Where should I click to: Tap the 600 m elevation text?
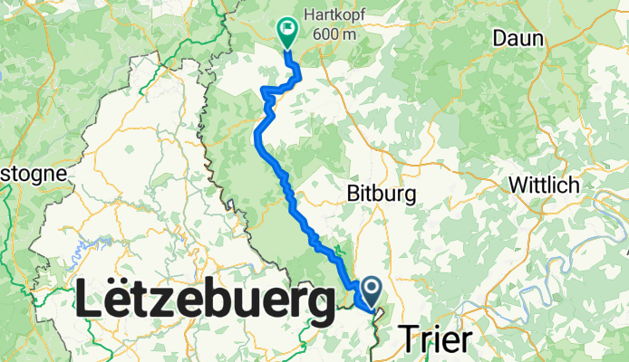pos(334,33)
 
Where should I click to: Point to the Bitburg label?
pos(381,193)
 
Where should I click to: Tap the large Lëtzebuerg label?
pos(203,300)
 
